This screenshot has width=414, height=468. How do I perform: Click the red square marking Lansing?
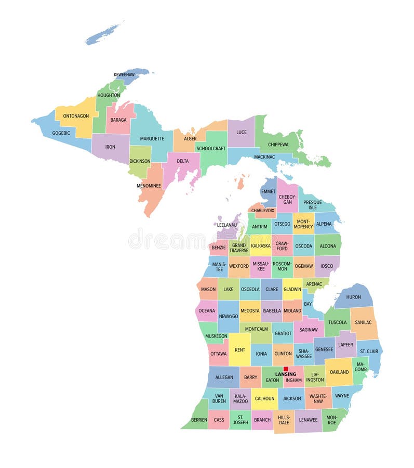click(x=286, y=369)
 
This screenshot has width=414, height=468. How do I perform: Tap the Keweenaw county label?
click(x=124, y=75)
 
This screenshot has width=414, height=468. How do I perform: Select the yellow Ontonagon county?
click(x=76, y=115)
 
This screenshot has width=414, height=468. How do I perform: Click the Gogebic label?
click(x=61, y=133)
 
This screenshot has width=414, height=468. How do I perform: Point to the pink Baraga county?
click(x=118, y=120)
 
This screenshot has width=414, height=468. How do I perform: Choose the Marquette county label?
click(x=152, y=139)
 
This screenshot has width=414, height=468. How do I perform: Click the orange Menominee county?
click(x=149, y=186)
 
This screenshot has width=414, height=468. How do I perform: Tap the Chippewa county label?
click(x=278, y=144)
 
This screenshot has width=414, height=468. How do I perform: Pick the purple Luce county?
click(x=242, y=132)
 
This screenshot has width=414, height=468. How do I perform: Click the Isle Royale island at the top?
click(x=104, y=33)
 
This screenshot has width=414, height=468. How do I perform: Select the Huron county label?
click(x=353, y=297)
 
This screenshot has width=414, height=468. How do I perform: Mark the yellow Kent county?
click(x=239, y=350)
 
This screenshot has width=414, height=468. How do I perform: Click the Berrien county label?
click(x=199, y=420)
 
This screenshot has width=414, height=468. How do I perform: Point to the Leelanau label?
click(x=226, y=225)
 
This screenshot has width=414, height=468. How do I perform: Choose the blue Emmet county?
click(x=269, y=191)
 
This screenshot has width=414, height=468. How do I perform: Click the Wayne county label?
click(x=342, y=396)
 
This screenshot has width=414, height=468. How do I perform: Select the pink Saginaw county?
click(x=309, y=330)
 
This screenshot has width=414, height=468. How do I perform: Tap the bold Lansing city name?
click(x=285, y=374)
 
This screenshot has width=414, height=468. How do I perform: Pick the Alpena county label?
click(x=324, y=224)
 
